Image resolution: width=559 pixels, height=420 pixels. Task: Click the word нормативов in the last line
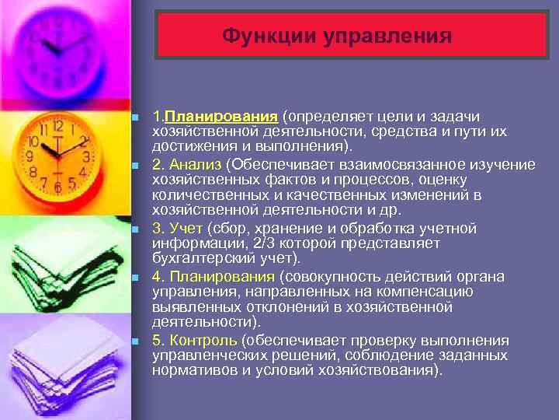tap(189, 369)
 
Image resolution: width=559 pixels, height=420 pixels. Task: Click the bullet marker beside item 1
tap(135, 117)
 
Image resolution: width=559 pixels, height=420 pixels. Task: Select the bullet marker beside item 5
tap(135, 341)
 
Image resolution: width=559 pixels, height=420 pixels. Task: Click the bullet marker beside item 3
tap(135, 229)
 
